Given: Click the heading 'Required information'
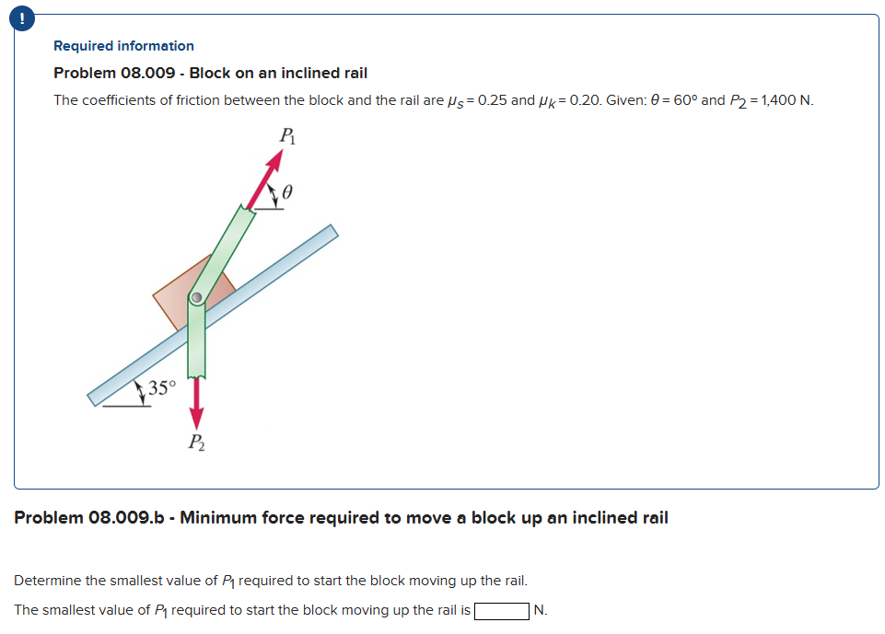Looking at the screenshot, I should point(123,46).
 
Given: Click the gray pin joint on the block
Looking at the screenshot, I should point(195,297).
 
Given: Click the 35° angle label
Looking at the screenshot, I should point(161,387).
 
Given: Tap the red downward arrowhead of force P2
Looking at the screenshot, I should point(196,418).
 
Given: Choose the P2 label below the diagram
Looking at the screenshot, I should point(197,444).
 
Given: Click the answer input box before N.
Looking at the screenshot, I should point(502,610).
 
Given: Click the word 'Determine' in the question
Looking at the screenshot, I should point(48,581).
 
